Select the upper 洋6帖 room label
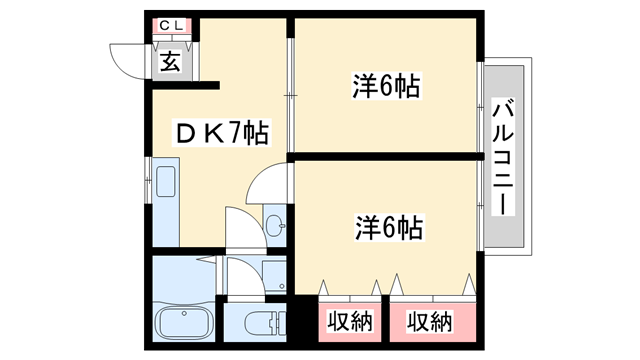(x=386, y=87)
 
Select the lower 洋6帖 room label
(x=386, y=227)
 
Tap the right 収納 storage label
(x=430, y=321)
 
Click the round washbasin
(x=276, y=223)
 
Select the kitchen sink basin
(x=166, y=183)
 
